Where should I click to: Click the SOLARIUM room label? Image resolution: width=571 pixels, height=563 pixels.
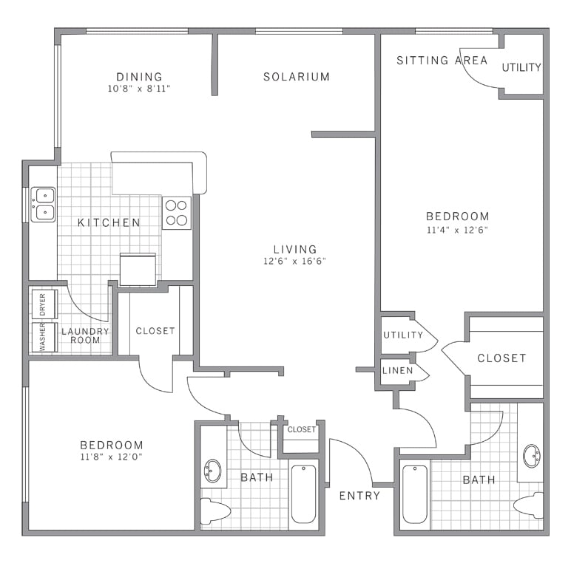[297, 77]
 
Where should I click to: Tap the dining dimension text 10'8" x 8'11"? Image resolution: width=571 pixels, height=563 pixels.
[139, 89]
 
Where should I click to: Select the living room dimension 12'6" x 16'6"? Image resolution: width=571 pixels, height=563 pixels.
[294, 261]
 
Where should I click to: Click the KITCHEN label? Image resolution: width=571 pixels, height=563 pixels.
[109, 222]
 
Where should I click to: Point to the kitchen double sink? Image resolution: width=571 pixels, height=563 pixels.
[44, 205]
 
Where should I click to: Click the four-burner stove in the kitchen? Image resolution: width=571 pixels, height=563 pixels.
[177, 213]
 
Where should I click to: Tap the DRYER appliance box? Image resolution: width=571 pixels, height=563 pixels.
[44, 304]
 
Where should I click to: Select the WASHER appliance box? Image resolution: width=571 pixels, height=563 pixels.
[44, 337]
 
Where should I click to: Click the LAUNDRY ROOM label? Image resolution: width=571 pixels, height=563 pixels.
[85, 335]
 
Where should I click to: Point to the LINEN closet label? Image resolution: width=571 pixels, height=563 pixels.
[398, 371]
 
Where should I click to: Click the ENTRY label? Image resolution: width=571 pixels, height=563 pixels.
[359, 496]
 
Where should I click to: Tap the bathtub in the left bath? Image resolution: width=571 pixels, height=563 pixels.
[304, 494]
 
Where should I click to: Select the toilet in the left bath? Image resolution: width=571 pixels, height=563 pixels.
[215, 511]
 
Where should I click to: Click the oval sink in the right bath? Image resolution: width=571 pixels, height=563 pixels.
[532, 456]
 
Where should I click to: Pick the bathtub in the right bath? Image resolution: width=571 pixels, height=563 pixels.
[415, 494]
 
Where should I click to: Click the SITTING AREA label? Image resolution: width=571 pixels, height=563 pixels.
[442, 61]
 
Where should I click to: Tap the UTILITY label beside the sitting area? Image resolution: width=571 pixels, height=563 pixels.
[521, 67]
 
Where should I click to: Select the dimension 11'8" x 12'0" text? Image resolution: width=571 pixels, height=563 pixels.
[112, 457]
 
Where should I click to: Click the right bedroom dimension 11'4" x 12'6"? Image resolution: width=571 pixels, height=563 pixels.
[457, 230]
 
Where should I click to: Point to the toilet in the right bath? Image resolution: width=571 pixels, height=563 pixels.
[529, 505]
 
